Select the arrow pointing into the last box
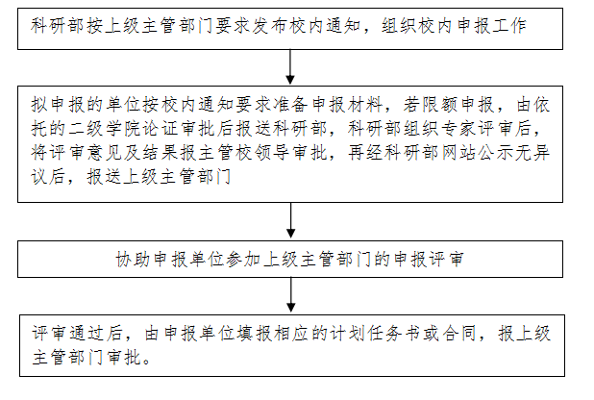coord(290,295)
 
